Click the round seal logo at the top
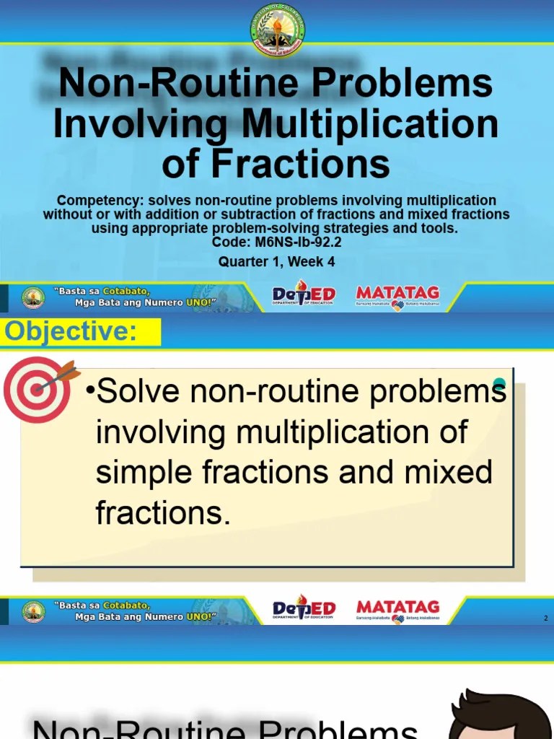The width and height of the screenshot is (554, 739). pos(277,30)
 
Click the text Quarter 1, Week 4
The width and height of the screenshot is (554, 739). pos(277,262)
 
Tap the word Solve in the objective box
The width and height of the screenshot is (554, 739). pos(136,392)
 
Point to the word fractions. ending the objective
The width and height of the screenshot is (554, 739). pos(162,513)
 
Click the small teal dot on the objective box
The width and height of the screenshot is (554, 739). pos(499,383)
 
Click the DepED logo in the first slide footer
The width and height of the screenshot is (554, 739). pos(304,295)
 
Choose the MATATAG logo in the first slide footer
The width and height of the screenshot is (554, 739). pos(397,296)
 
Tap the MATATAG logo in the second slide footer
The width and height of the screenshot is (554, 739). pos(397,610)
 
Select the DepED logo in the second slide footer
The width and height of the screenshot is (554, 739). pos(304,610)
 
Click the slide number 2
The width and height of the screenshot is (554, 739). pos(546,618)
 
